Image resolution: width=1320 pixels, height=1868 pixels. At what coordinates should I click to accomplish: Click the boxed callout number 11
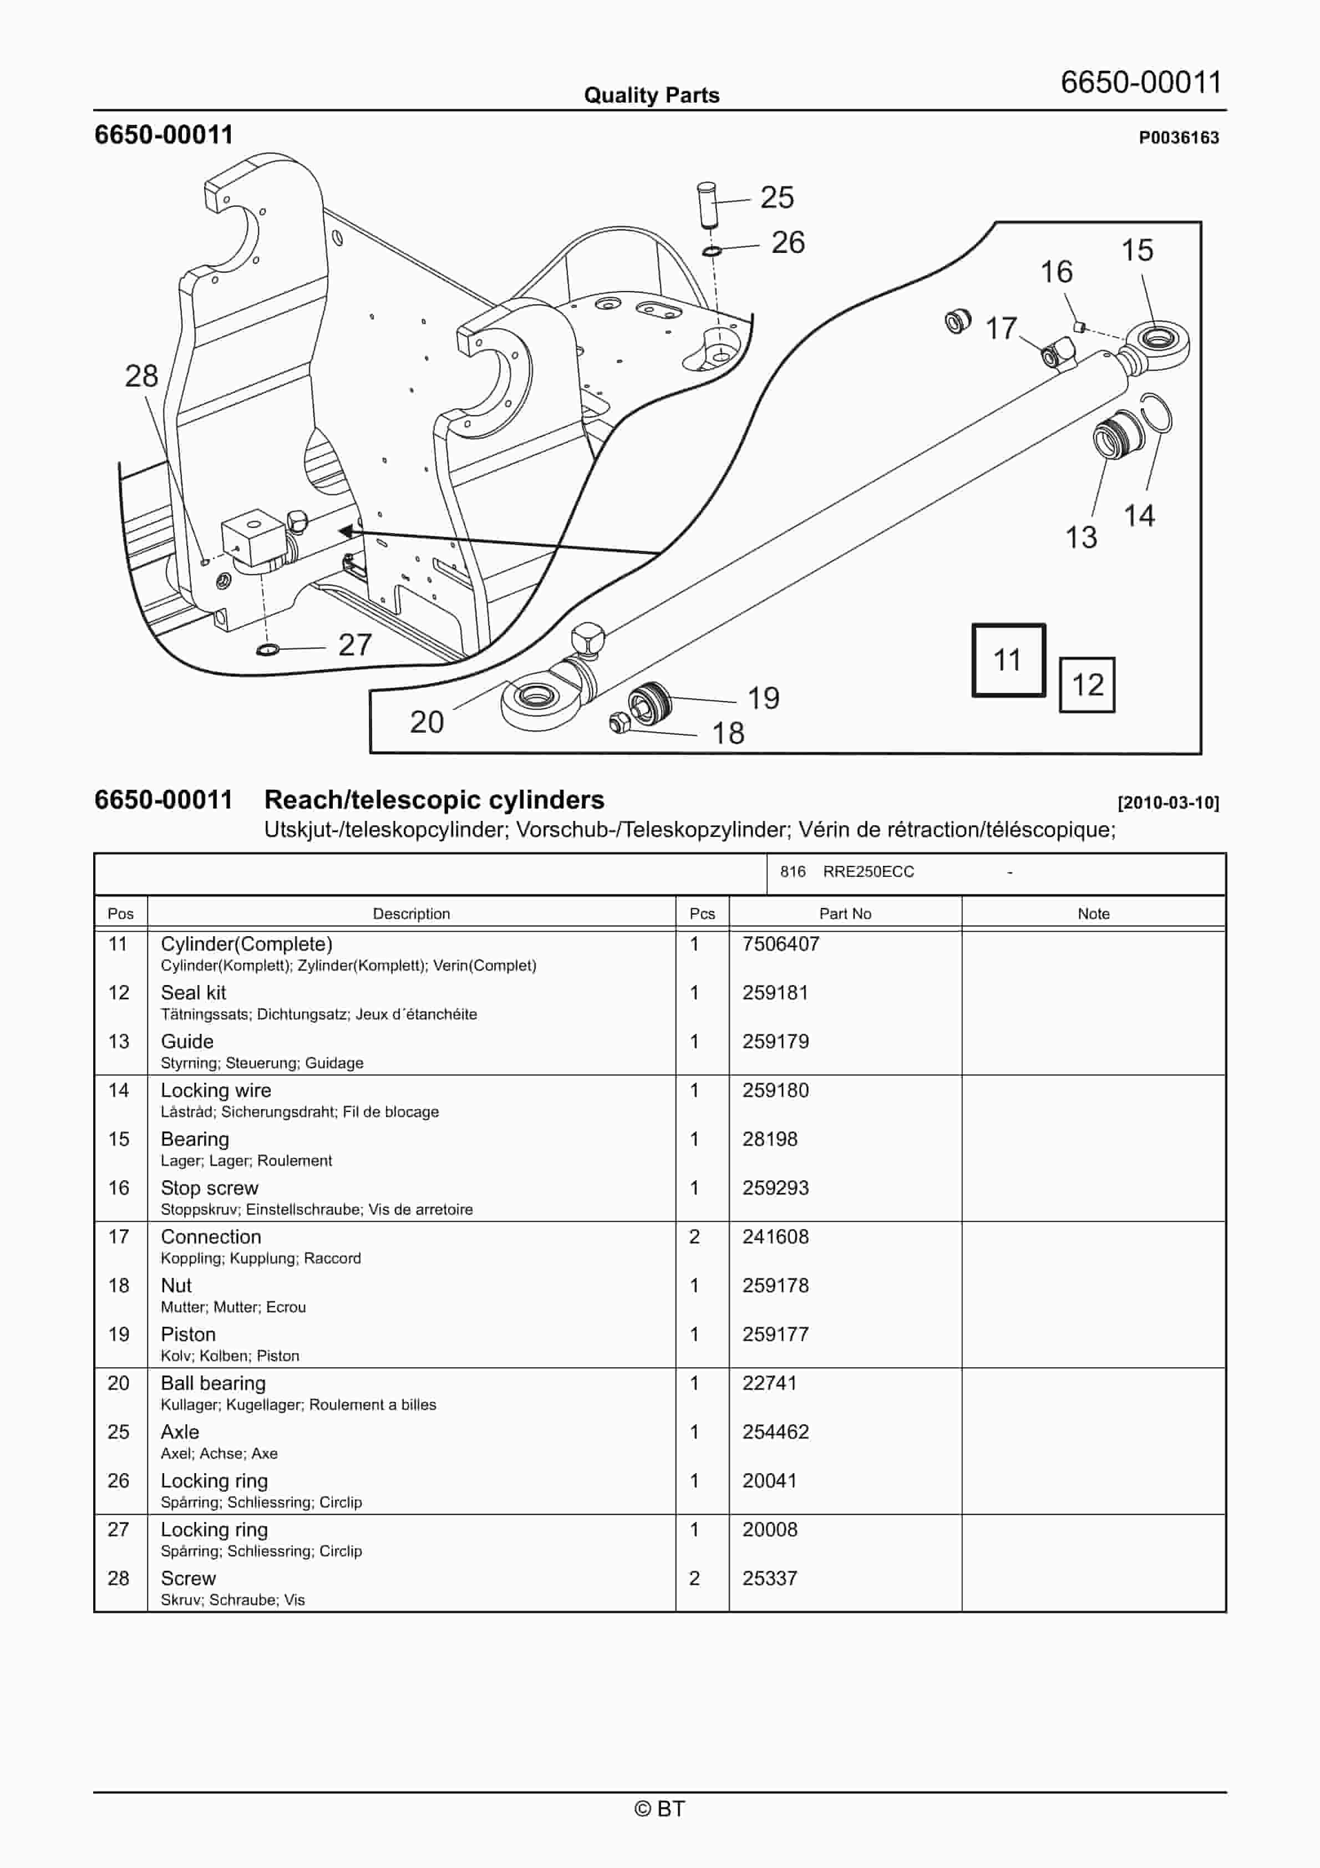click(1008, 660)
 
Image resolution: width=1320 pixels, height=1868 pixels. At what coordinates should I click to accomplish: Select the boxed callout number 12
click(1087, 685)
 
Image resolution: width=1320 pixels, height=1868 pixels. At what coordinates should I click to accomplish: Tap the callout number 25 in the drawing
click(776, 197)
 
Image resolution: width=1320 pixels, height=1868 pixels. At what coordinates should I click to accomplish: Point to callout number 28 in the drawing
click(141, 376)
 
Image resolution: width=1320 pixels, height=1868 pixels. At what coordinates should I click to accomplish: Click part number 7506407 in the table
click(780, 944)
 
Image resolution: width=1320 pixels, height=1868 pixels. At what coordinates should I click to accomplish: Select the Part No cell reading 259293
click(775, 1188)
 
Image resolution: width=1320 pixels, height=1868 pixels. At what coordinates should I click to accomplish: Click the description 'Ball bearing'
click(213, 1383)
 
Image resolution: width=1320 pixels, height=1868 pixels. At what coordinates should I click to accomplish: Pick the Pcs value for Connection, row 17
click(694, 1237)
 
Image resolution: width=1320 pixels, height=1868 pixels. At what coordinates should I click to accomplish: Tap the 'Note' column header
click(1093, 913)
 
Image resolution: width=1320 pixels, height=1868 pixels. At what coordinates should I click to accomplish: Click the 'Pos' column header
click(120, 913)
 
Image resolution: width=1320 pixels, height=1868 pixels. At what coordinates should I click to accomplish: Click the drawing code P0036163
click(1179, 138)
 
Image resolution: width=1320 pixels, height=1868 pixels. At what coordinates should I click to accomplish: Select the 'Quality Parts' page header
click(651, 95)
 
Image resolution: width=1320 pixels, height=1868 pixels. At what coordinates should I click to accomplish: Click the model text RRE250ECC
click(869, 871)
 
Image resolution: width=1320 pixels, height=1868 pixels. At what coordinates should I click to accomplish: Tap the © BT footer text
click(659, 1809)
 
